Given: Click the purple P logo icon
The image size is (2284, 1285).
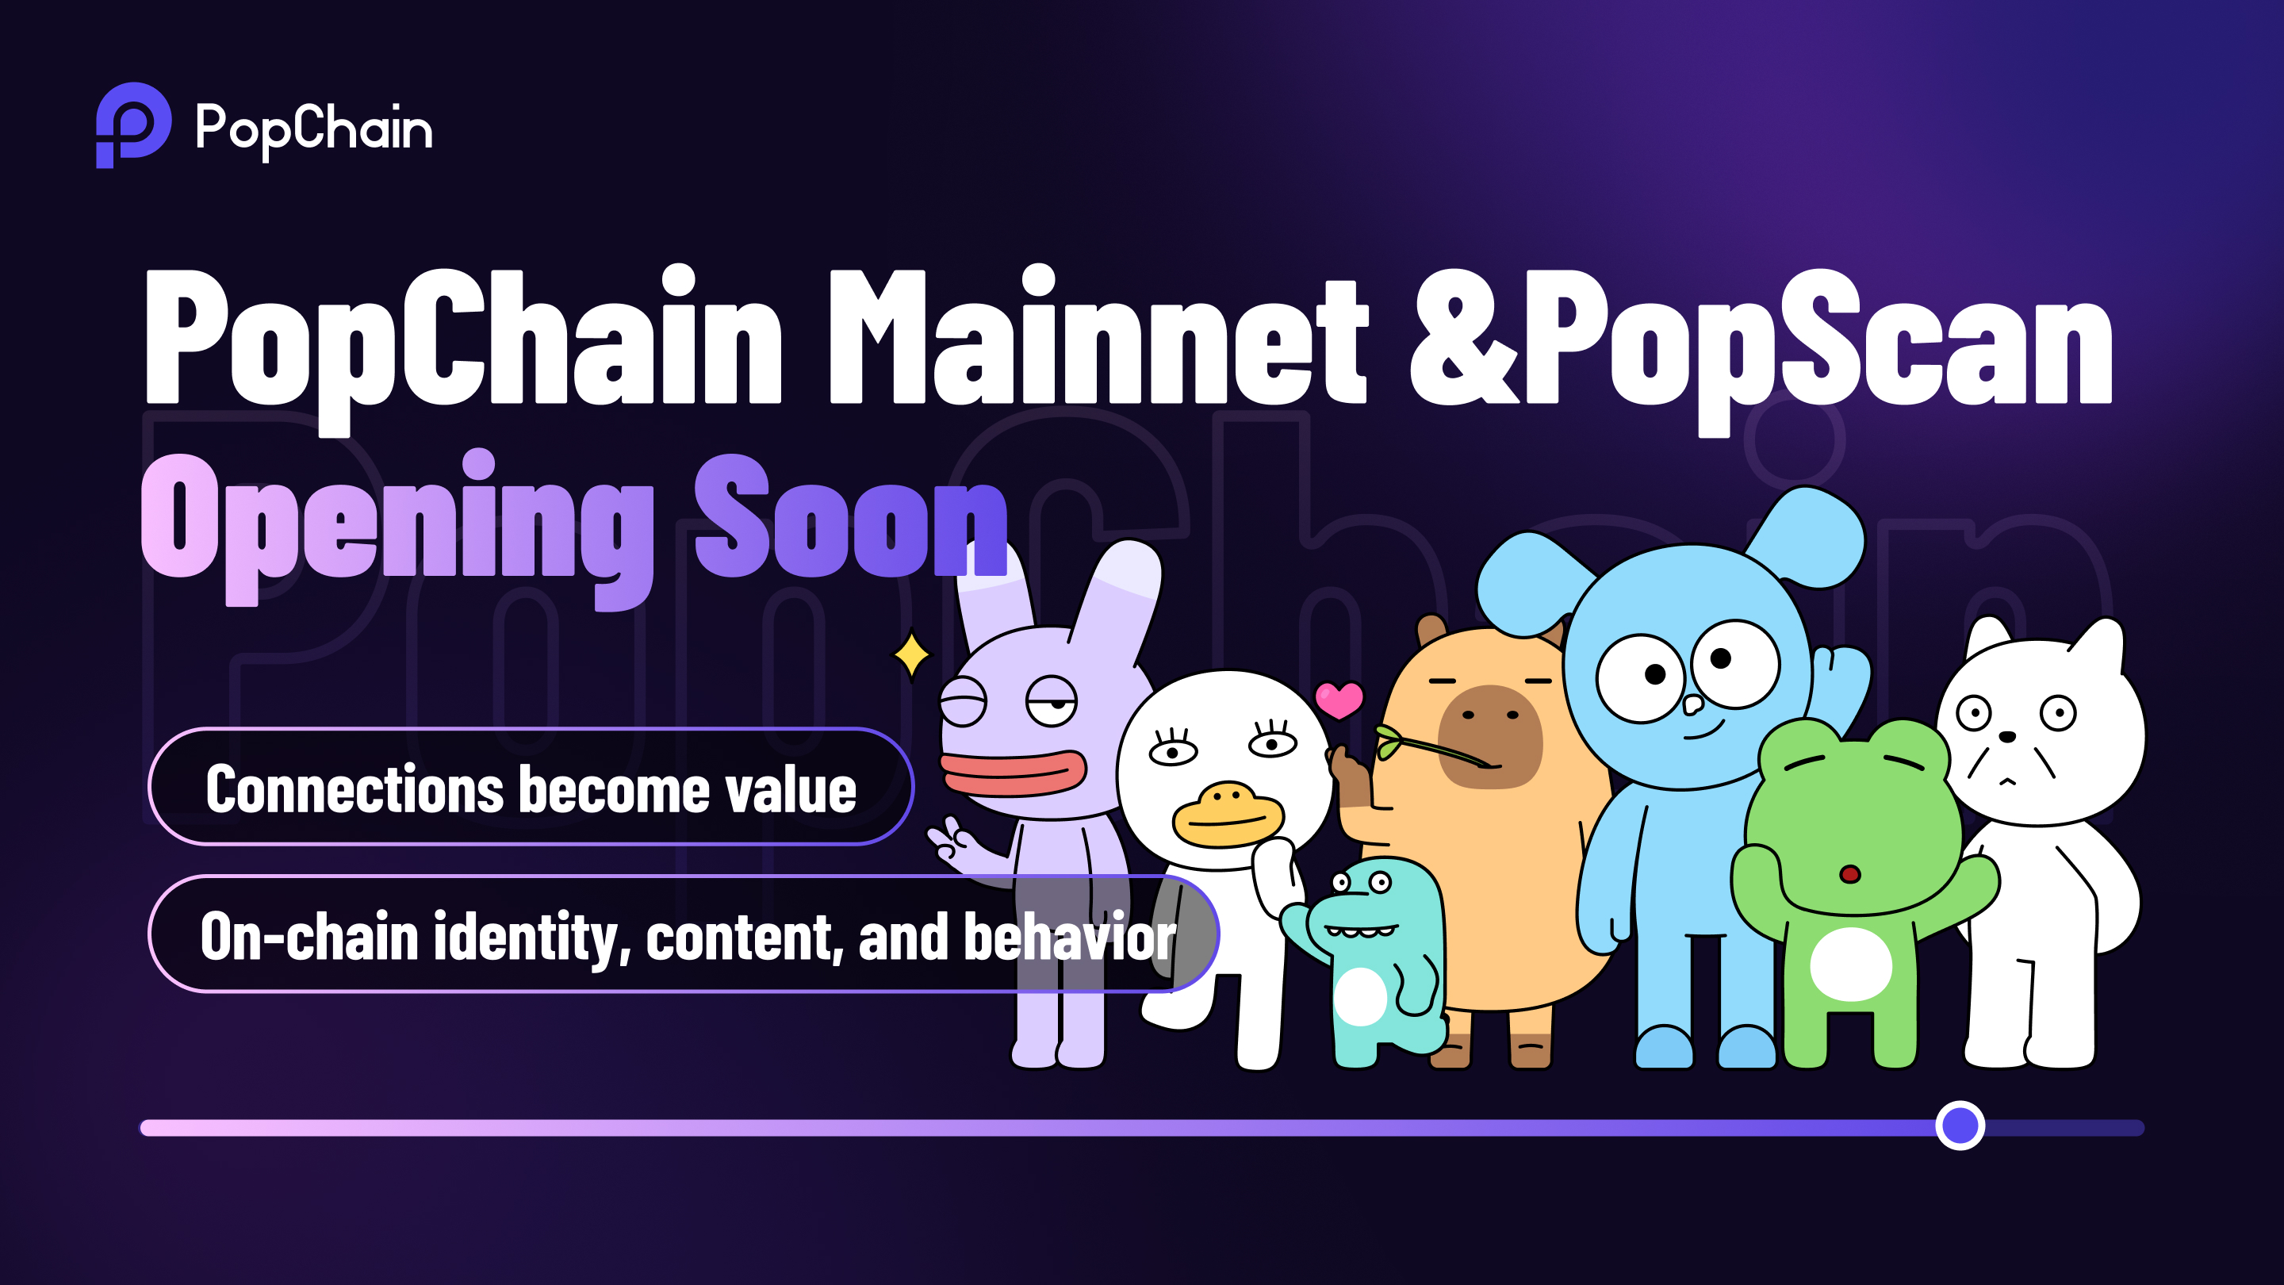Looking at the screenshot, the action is (x=133, y=125).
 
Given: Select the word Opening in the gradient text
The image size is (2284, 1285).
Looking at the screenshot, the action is (x=397, y=528).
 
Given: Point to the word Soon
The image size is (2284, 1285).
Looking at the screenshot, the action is (x=851, y=514).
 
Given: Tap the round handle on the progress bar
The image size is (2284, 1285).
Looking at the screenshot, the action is (x=1960, y=1126).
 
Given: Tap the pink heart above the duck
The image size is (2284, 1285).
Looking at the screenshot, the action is (x=1339, y=699).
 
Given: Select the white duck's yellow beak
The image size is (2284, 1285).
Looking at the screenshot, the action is (x=1227, y=814).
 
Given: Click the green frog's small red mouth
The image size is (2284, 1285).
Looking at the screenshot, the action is (x=1849, y=874).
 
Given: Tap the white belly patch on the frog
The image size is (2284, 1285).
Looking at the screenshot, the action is (x=1851, y=964).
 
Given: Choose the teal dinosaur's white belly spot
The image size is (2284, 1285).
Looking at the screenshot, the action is (x=1360, y=996).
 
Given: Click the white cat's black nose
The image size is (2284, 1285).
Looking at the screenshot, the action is (x=2007, y=736).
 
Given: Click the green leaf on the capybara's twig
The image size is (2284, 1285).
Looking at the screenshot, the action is (x=1388, y=742).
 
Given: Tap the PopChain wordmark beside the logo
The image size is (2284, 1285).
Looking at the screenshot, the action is (x=314, y=129).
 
